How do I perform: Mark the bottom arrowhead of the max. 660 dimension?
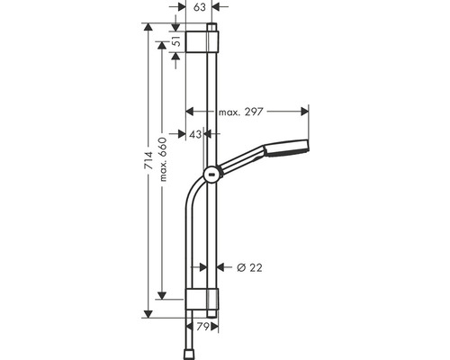point(163,296)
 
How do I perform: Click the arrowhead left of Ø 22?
point(203,267)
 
